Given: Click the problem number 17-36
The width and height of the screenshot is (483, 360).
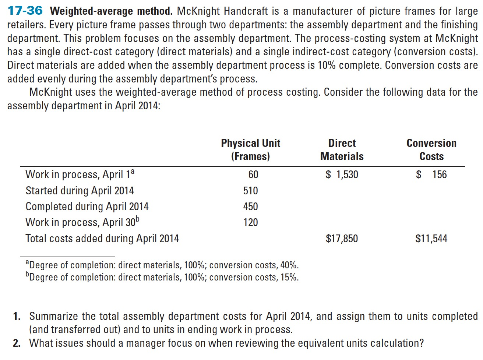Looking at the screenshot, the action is click(25, 11).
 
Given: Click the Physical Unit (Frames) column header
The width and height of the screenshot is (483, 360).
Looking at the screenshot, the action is click(250, 149).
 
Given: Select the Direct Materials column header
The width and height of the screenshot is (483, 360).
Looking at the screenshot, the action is click(342, 149).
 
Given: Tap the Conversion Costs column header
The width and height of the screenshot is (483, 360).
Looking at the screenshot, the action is click(431, 149).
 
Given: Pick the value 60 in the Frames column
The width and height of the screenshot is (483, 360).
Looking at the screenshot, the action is click(253, 174).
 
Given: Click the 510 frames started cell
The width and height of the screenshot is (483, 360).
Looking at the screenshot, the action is click(250, 190).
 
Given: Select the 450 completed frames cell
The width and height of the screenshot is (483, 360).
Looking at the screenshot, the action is click(250, 206).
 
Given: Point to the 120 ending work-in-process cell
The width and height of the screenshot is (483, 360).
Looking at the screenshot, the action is click(250, 222).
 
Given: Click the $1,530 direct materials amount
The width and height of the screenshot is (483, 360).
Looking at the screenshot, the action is click(342, 174).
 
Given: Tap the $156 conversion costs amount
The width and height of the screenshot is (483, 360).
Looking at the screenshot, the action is click(431, 174).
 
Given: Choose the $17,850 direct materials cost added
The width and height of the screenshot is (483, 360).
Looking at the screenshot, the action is click(342, 239).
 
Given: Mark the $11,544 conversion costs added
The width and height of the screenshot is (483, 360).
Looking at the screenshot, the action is click(431, 239).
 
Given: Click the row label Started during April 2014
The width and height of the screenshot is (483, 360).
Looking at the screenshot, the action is click(80, 190).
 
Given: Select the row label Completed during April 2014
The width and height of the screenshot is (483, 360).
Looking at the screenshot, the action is click(87, 207).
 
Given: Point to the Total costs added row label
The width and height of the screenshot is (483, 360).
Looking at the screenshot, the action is click(102, 239).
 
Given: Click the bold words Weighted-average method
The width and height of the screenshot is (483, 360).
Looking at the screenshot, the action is click(111, 11).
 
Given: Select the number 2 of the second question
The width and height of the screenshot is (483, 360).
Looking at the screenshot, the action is click(17, 343).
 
